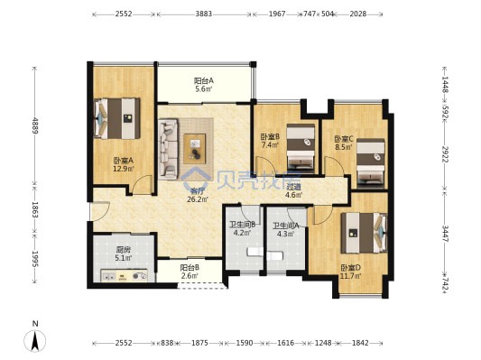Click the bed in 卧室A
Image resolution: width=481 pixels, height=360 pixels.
coord(117,118)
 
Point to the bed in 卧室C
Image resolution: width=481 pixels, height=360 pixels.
coord(371,163)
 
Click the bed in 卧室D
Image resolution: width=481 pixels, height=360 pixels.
coord(364,233)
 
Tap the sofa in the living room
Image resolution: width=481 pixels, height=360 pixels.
coord(168,149)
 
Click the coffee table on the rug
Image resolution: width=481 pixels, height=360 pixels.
coord(195,149)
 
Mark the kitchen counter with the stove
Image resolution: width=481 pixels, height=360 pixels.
coord(125,275)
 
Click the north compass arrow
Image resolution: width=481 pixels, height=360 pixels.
coord(35,341)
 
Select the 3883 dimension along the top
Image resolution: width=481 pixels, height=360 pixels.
coord(204,14)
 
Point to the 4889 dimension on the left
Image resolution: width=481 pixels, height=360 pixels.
coord(34,125)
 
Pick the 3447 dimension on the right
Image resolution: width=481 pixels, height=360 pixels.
coord(445,234)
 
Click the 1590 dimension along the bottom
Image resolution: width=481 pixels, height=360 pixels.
coord(245,343)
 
